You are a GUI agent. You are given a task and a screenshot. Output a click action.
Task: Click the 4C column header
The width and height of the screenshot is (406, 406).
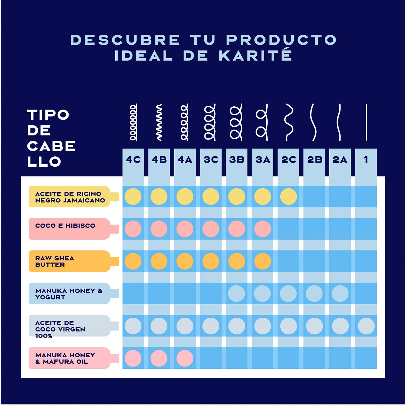pyautogui.click(x=133, y=160)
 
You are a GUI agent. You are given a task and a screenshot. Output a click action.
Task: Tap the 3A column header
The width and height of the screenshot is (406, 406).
pyautogui.click(x=263, y=160)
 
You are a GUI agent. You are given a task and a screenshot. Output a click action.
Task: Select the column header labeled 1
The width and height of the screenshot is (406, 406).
pyautogui.click(x=366, y=160)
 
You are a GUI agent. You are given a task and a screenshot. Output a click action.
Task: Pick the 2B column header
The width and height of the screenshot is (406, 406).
pyautogui.click(x=315, y=160)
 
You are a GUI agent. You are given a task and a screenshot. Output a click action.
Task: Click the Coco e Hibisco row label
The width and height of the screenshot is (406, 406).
pyautogui.click(x=65, y=226)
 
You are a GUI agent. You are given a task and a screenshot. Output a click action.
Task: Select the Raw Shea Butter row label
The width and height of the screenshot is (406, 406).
pyautogui.click(x=55, y=261)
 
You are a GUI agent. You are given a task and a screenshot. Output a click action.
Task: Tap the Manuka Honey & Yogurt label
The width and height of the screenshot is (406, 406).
pyautogui.click(x=69, y=294)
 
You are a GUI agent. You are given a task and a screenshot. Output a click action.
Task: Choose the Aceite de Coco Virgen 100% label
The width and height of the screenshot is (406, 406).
pyautogui.click(x=60, y=329)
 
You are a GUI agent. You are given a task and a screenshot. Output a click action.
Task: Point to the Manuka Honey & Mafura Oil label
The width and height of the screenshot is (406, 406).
pyautogui.click(x=65, y=358)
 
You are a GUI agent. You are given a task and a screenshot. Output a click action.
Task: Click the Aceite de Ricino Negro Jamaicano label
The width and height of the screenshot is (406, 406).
pyautogui.click(x=70, y=197)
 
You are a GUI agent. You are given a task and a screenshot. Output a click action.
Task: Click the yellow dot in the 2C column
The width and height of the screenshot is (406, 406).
pyautogui.click(x=289, y=197)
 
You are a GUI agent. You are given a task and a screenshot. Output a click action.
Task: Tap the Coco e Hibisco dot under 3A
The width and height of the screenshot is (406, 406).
pyautogui.click(x=263, y=229)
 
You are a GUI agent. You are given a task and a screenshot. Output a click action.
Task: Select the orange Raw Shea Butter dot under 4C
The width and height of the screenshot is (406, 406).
pyautogui.click(x=133, y=261)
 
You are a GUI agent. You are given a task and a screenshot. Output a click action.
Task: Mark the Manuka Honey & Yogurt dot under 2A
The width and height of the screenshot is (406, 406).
pyautogui.click(x=340, y=294)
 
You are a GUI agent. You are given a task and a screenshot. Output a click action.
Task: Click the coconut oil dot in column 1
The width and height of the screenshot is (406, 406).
pyautogui.click(x=366, y=326)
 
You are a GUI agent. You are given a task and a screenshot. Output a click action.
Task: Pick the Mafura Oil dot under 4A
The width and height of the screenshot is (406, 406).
pyautogui.click(x=185, y=358)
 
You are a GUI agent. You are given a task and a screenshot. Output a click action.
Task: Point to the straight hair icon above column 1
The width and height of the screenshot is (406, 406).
pyautogui.click(x=367, y=122)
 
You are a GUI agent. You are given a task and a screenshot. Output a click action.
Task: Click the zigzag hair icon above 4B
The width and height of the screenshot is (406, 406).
pyautogui.click(x=159, y=122)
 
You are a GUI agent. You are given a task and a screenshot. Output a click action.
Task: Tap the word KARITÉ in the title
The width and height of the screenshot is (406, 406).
pyautogui.click(x=256, y=55)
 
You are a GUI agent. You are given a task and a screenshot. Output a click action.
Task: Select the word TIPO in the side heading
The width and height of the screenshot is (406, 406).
pyautogui.click(x=48, y=115)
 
